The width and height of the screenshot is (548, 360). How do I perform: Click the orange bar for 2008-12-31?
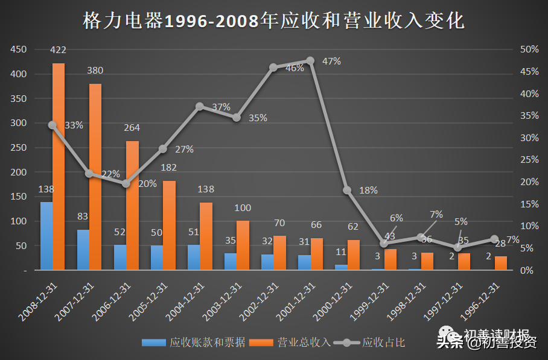pos(59,166)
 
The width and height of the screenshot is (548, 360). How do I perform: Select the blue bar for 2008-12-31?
pos(46,236)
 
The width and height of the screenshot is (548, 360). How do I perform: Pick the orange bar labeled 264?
pos(132,205)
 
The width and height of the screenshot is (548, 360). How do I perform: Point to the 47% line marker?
pos(310,60)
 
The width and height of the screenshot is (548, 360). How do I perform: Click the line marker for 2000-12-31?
pos(347,190)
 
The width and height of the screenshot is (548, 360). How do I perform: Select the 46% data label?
pos(295,68)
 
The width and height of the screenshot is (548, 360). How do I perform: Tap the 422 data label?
pos(59,49)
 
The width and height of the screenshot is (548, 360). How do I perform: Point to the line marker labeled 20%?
pos(126,183)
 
